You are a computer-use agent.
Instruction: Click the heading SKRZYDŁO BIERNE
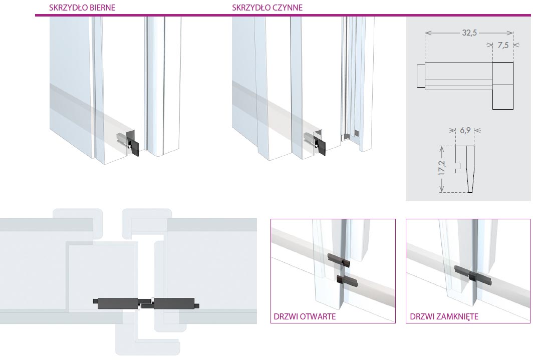click(x=82, y=8)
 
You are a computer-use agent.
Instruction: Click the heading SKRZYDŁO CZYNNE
click(x=267, y=8)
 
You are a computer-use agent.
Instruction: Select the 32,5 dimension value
click(x=469, y=33)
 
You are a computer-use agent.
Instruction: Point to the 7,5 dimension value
click(x=503, y=45)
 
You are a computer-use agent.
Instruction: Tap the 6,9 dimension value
click(x=465, y=130)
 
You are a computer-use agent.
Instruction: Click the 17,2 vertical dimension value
click(x=441, y=168)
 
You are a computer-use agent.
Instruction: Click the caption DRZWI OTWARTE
click(x=305, y=316)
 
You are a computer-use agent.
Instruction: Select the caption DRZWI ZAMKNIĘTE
click(x=444, y=316)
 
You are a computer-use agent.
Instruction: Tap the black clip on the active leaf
click(x=320, y=145)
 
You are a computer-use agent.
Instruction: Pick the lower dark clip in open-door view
click(x=347, y=280)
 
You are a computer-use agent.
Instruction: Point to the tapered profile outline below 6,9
click(x=465, y=169)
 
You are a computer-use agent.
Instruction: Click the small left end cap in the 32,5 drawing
click(x=421, y=76)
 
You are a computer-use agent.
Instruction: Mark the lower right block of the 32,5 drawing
click(x=503, y=97)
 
